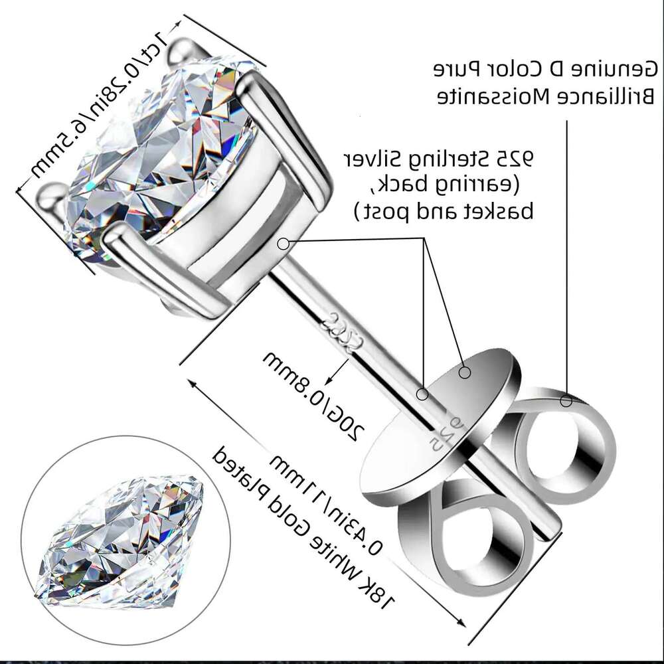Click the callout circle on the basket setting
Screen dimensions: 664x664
point(283,244)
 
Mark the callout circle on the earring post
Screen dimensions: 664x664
point(422,394)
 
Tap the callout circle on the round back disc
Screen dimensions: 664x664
point(465,373)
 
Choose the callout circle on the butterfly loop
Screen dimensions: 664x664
point(566,400)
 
